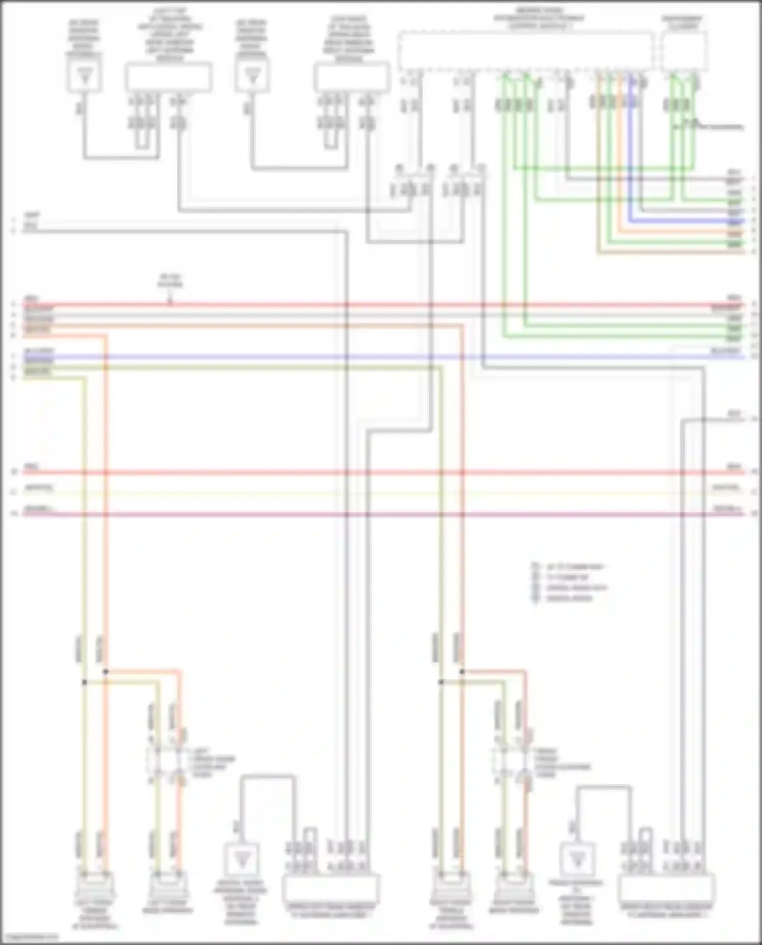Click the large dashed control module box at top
[526, 51]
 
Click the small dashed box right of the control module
[684, 51]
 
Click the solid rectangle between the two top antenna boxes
[168, 77]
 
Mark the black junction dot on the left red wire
[106, 672]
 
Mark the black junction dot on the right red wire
[462, 672]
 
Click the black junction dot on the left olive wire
[84, 682]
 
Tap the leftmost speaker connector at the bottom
[95, 886]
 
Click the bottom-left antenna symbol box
[241, 860]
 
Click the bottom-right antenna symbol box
[577, 860]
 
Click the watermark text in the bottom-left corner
[29, 937]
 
